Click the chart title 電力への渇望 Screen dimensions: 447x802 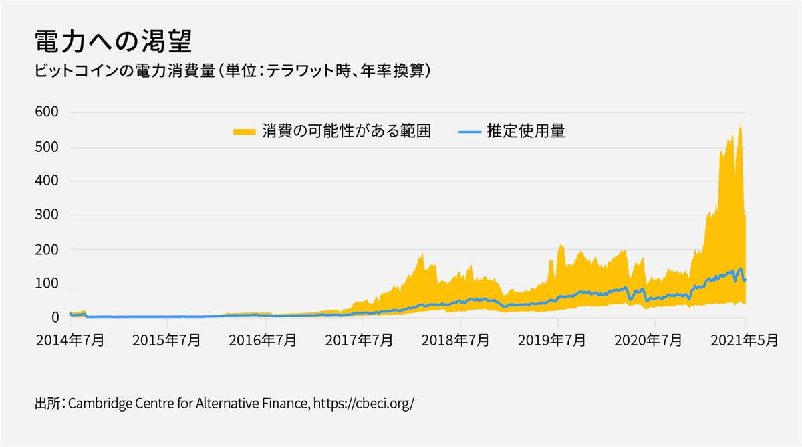tap(113, 41)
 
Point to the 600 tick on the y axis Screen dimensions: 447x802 tap(47, 112)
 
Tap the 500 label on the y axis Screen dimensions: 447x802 tap(47, 147)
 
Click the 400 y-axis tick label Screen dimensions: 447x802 tap(47, 181)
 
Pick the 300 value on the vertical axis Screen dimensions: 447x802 tap(47, 215)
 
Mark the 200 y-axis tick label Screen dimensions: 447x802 tap(47, 250)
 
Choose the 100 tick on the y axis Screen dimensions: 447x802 tap(47, 284)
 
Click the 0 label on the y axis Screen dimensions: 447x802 tap(55, 318)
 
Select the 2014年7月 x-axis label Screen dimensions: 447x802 tap(70, 340)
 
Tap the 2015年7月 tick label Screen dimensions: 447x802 tap(167, 340)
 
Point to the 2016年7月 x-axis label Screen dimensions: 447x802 tap(264, 340)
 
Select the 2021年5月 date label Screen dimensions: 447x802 tap(745, 340)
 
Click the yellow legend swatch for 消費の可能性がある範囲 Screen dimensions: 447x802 tap(245, 132)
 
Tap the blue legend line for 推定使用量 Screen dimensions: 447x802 tap(470, 132)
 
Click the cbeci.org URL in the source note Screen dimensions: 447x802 tap(364, 404)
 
